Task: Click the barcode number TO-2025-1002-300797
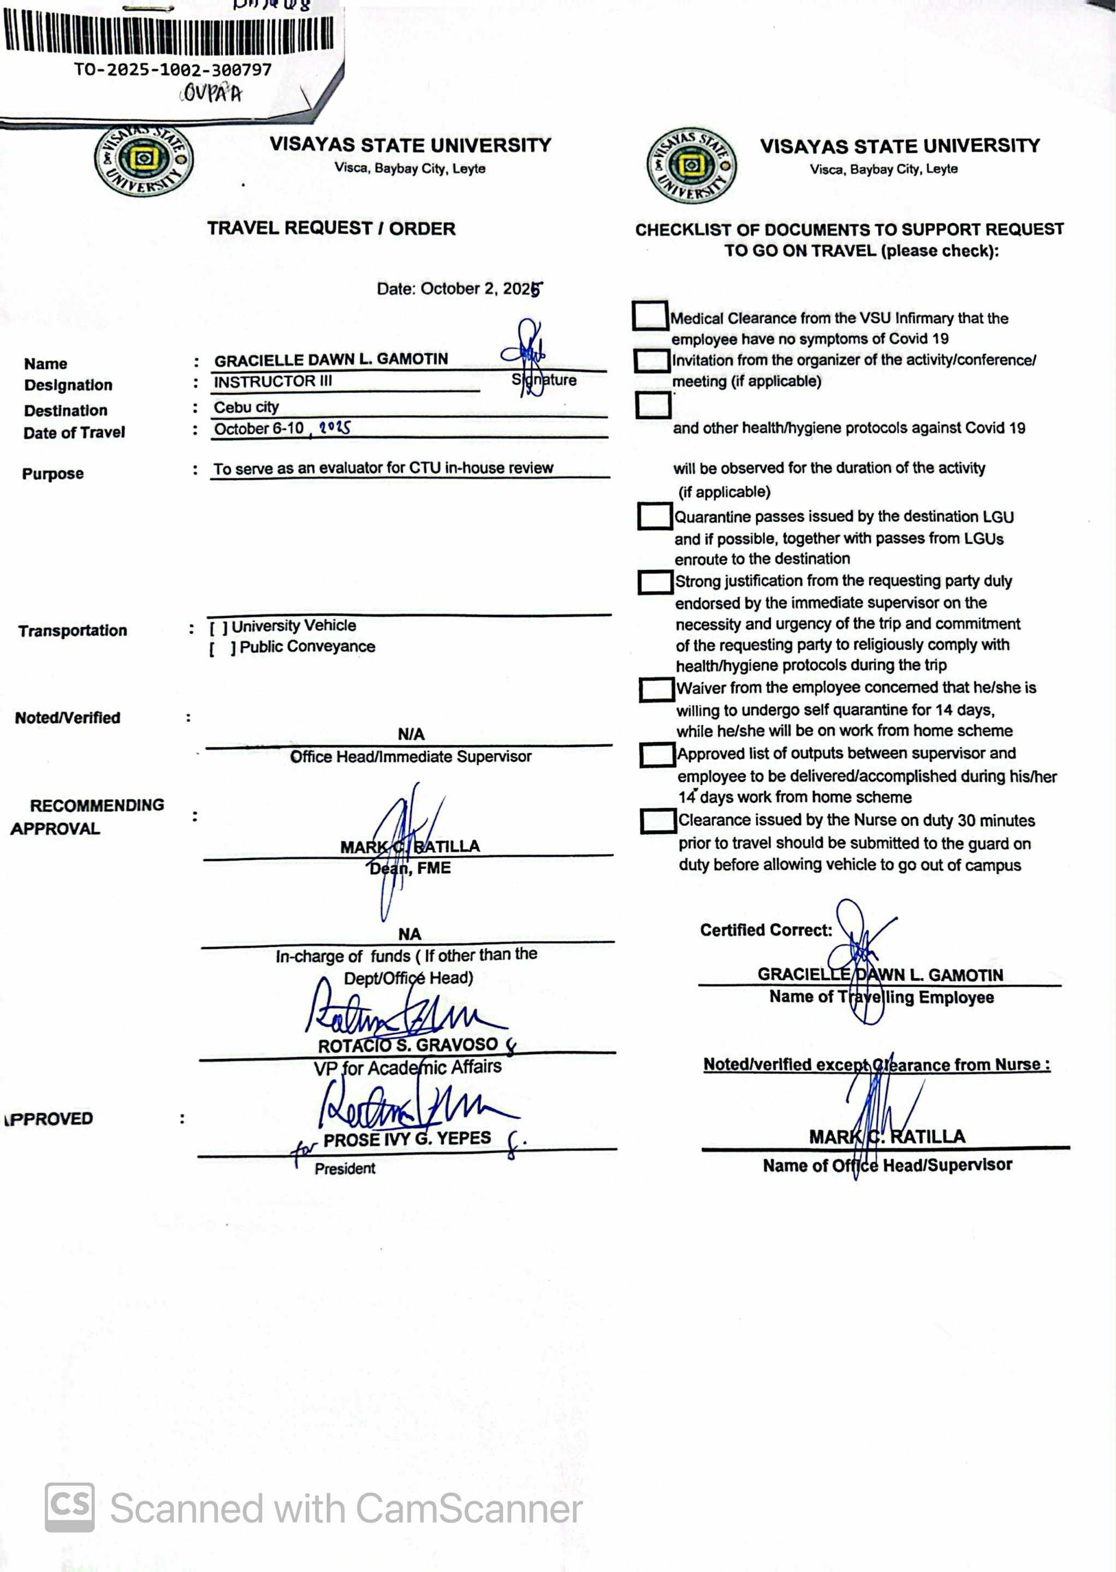(x=173, y=70)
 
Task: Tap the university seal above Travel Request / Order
(x=144, y=160)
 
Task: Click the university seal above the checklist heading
(x=691, y=165)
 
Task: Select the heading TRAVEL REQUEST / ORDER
(x=331, y=229)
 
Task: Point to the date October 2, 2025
(x=459, y=289)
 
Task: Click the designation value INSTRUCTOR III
(x=273, y=382)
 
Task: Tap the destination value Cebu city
(x=246, y=407)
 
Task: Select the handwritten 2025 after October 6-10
(x=335, y=428)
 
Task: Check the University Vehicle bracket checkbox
(x=218, y=627)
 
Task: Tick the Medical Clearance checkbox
(x=649, y=316)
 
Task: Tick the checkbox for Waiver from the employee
(x=656, y=690)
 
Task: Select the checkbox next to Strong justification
(x=655, y=582)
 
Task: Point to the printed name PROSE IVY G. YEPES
(x=407, y=1139)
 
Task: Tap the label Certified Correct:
(x=765, y=930)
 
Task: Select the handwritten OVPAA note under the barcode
(x=211, y=93)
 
